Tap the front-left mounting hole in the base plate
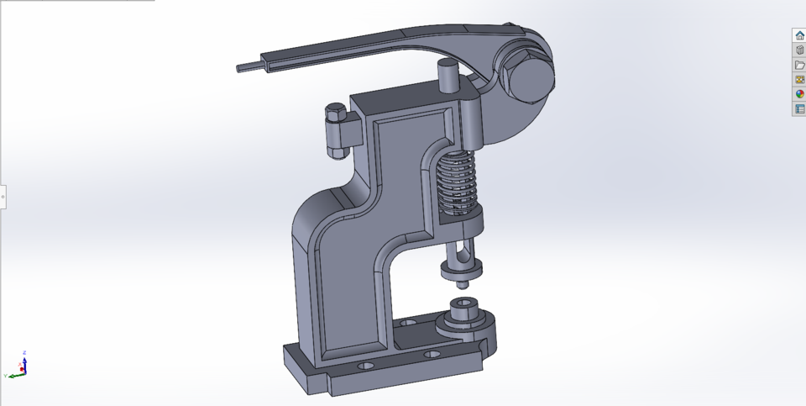click(x=365, y=367)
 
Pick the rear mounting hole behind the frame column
click(x=408, y=322)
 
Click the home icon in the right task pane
click(x=799, y=35)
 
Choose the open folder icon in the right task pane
click(x=799, y=65)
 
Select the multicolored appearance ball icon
click(x=799, y=94)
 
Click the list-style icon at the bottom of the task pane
click(x=799, y=108)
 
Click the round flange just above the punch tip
click(x=461, y=268)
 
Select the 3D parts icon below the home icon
click(x=799, y=50)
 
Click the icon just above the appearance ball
click(x=799, y=79)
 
